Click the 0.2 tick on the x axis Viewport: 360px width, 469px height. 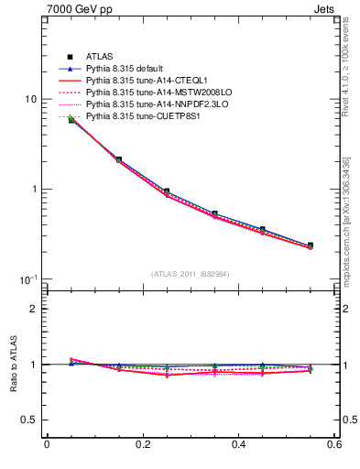pyautogui.click(x=142, y=445)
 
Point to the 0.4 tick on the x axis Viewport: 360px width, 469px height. pyautogui.click(x=238, y=445)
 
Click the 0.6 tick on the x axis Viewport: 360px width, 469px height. pyautogui.click(x=334, y=445)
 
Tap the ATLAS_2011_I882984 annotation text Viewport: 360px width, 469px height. pyautogui.click(x=191, y=274)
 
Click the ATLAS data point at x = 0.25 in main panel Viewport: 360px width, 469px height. pyautogui.click(x=166, y=191)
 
